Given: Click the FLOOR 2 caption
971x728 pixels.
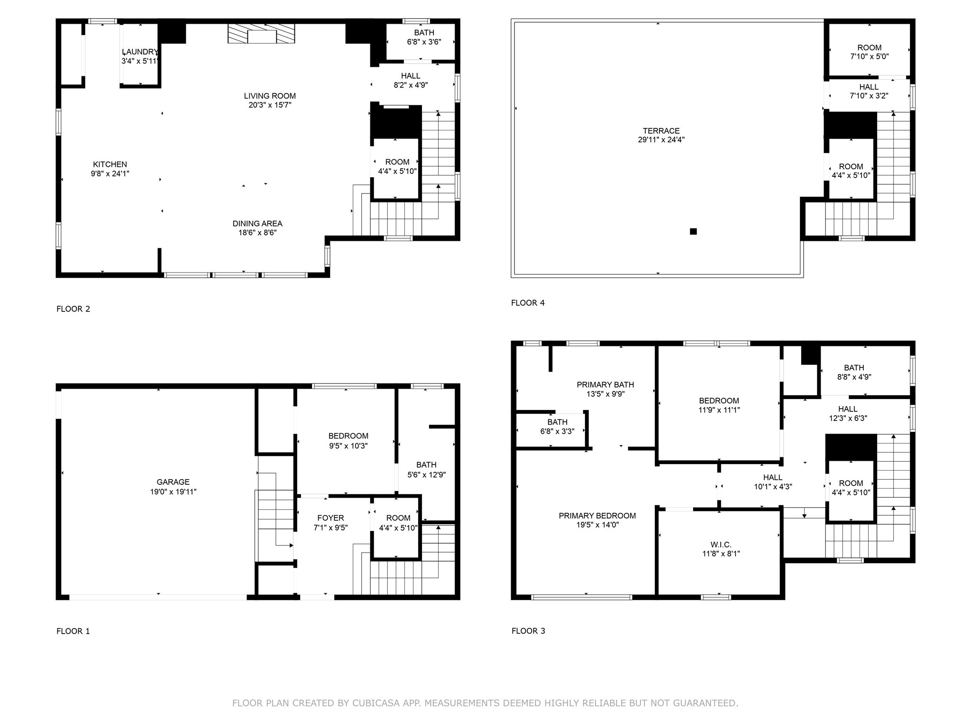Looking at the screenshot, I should point(73,309).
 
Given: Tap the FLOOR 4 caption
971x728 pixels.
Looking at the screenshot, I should point(528,303).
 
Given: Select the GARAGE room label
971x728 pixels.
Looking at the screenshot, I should point(173,482).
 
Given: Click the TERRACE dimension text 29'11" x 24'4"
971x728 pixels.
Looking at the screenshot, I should point(661,140).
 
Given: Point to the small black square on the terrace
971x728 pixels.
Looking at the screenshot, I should point(693,231).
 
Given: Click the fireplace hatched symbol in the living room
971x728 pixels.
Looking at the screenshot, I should point(261,34).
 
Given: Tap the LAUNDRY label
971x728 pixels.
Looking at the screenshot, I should point(139,52).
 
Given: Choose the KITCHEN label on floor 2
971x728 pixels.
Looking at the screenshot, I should point(110,164).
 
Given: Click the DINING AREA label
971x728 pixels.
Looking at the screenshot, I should point(257,223).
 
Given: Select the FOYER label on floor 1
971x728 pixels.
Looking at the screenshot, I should point(330,518).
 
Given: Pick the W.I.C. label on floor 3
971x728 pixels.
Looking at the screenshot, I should point(721,545).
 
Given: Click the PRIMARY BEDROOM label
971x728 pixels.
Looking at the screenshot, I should point(597,516).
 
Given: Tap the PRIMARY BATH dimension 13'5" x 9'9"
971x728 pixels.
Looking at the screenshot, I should point(605,394).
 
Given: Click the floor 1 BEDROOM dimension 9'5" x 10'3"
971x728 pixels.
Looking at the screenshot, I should point(348,446).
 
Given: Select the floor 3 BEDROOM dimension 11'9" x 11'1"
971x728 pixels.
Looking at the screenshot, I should point(719,410).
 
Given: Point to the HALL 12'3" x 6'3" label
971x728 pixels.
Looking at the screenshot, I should point(847,413).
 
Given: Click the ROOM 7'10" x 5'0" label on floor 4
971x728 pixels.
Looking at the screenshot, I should point(869,52).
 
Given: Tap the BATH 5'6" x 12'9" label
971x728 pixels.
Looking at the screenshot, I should point(426,469).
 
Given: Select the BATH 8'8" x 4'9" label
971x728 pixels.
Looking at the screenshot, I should point(854,372).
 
